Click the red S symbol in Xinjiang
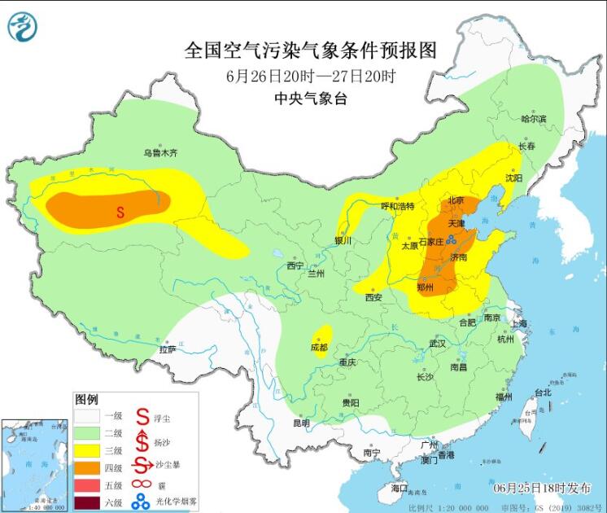pos(120,213)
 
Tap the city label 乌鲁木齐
pos(160,152)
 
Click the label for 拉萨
pos(167,349)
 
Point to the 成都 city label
pos(319,347)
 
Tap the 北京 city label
pos(455,200)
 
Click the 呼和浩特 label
pos(398,206)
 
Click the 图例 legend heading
pos(86,400)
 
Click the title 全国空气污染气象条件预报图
pos(311,50)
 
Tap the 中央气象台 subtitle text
pos(311,99)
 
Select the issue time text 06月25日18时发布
pos(542,488)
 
